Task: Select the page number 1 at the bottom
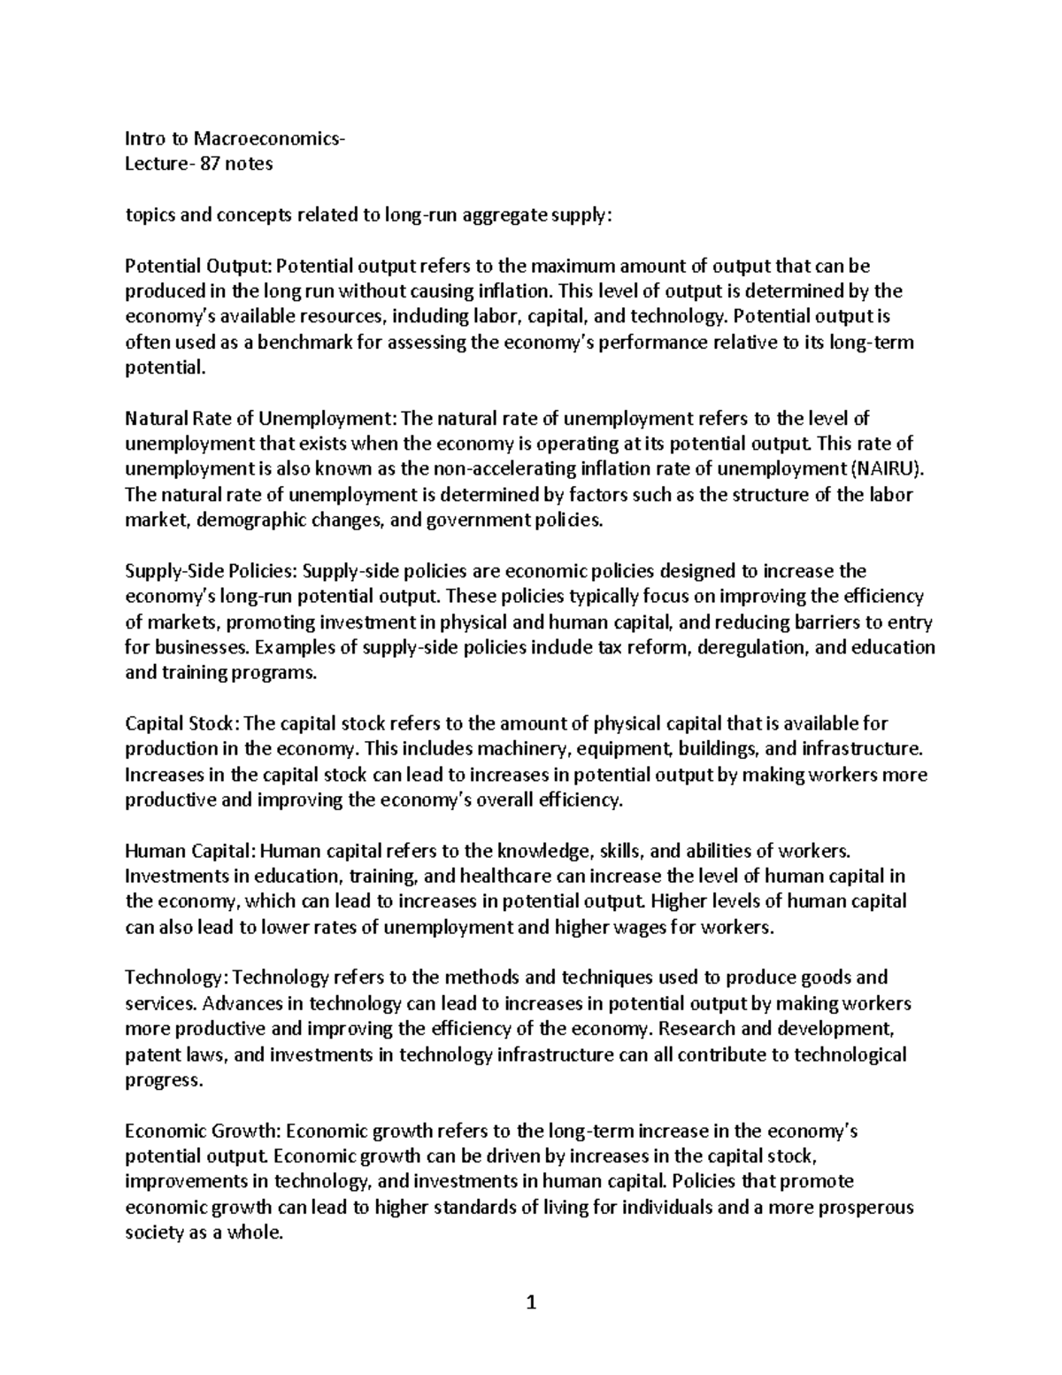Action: [x=531, y=1302]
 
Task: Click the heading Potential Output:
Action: [x=200, y=266]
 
